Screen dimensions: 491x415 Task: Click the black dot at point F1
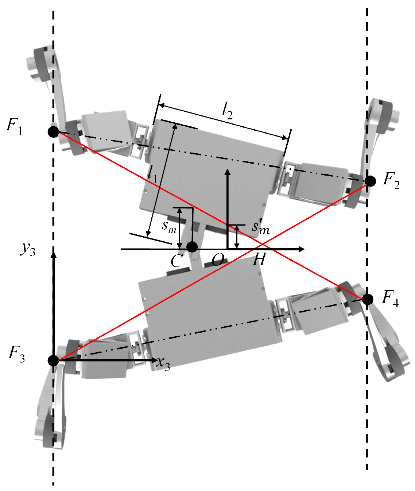point(53,132)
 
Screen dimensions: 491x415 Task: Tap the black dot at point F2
point(370,181)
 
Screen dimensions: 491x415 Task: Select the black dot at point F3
point(53,360)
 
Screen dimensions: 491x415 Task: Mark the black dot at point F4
point(368,299)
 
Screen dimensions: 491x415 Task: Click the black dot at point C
point(192,247)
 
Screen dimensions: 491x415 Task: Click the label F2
point(391,180)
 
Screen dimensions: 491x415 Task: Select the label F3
point(17,354)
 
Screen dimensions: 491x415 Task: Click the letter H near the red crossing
point(259,260)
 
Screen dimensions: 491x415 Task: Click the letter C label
point(177,261)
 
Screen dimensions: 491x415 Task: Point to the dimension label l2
point(227,111)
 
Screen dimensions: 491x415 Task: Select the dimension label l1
point(152,174)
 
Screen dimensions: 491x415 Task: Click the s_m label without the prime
point(169,226)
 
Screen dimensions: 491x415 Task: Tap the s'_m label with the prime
point(261,227)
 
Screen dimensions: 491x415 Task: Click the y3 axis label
point(28,249)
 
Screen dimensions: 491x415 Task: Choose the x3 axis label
point(163,364)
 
